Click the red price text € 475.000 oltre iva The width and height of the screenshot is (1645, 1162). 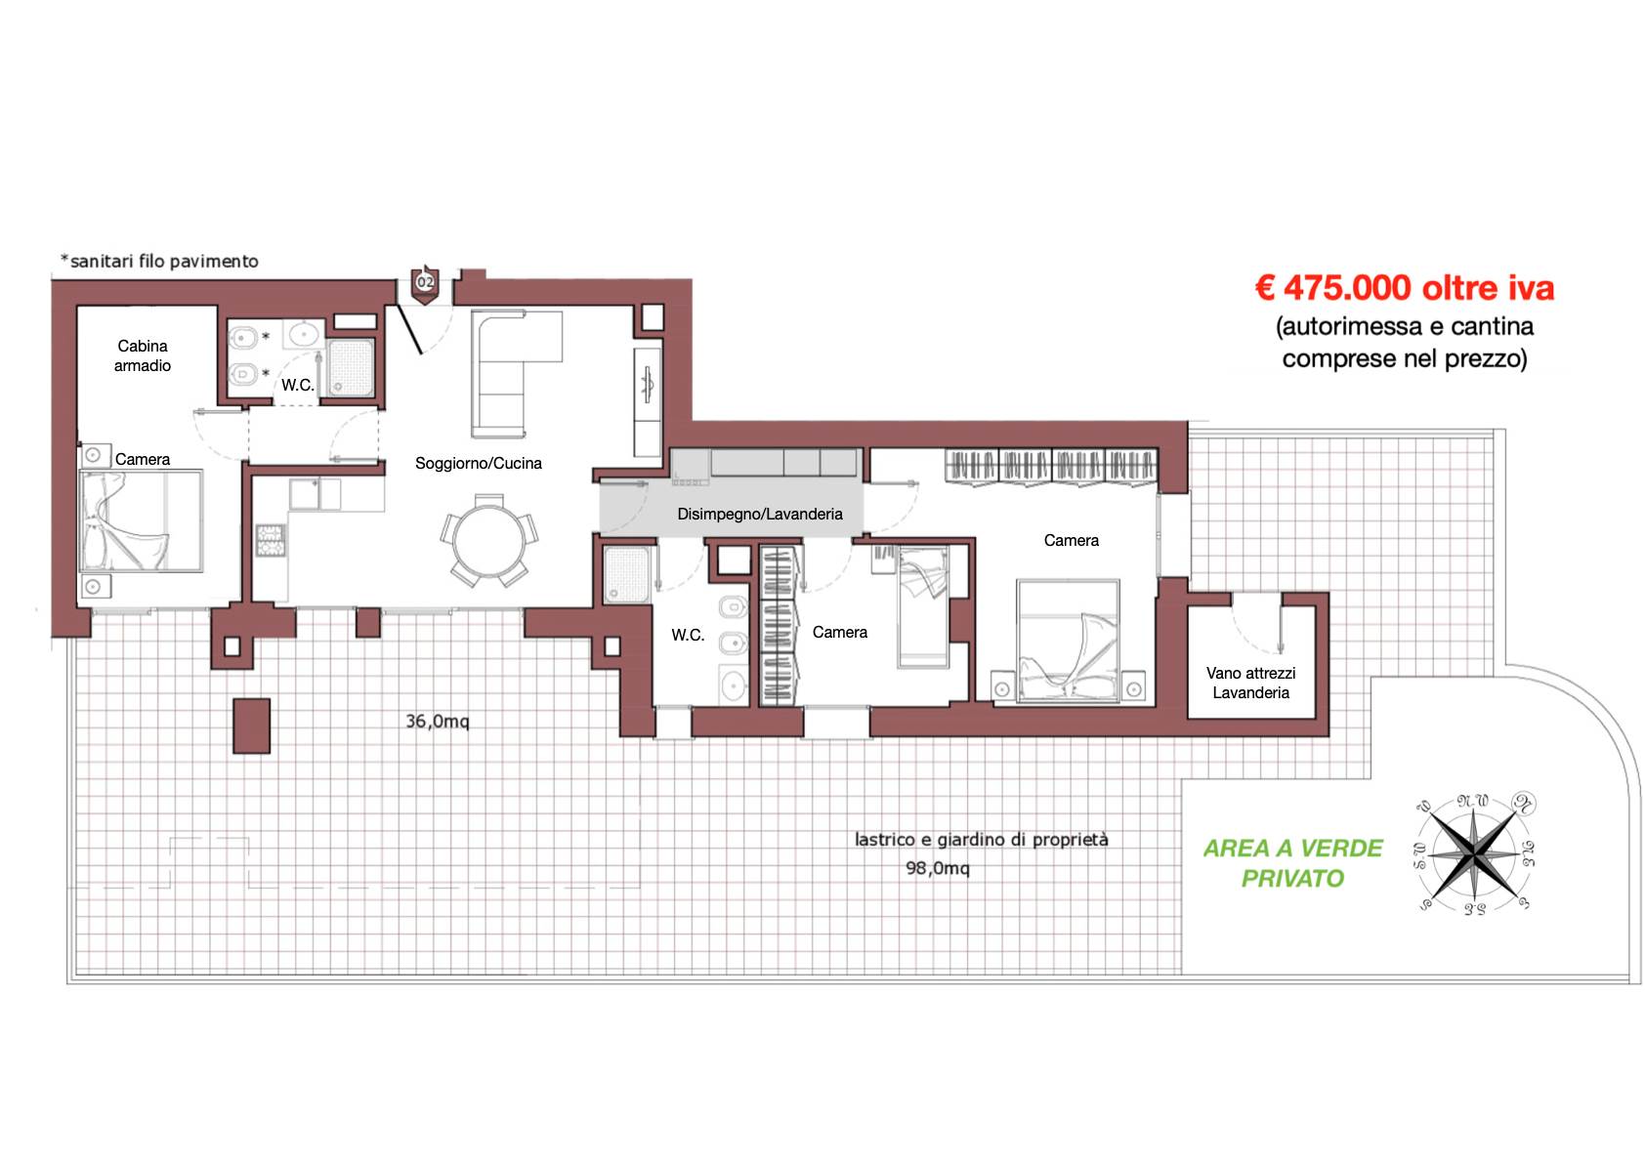[x=1404, y=288]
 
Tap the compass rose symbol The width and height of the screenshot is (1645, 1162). [x=1474, y=853]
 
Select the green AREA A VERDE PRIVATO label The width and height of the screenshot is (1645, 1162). [x=1292, y=863]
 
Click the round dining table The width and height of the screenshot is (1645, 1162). [x=489, y=542]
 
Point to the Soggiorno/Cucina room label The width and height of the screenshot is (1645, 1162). [x=478, y=463]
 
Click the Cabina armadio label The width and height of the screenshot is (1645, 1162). [x=143, y=355]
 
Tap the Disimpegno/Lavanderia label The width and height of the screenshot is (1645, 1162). [x=759, y=514]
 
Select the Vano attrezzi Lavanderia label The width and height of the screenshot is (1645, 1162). [x=1250, y=683]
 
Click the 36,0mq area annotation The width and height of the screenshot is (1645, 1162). [x=437, y=722]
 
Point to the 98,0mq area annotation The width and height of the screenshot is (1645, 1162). [x=937, y=868]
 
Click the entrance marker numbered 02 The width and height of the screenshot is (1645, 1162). [x=425, y=284]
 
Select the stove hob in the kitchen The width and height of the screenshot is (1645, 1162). [x=270, y=540]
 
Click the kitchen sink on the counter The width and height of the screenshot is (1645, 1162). [x=304, y=494]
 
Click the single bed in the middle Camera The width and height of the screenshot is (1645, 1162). [x=923, y=606]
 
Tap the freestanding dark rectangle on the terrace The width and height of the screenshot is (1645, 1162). [x=252, y=726]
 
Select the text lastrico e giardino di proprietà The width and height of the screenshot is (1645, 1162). [x=981, y=839]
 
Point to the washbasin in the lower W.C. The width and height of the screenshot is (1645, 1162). [x=734, y=685]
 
